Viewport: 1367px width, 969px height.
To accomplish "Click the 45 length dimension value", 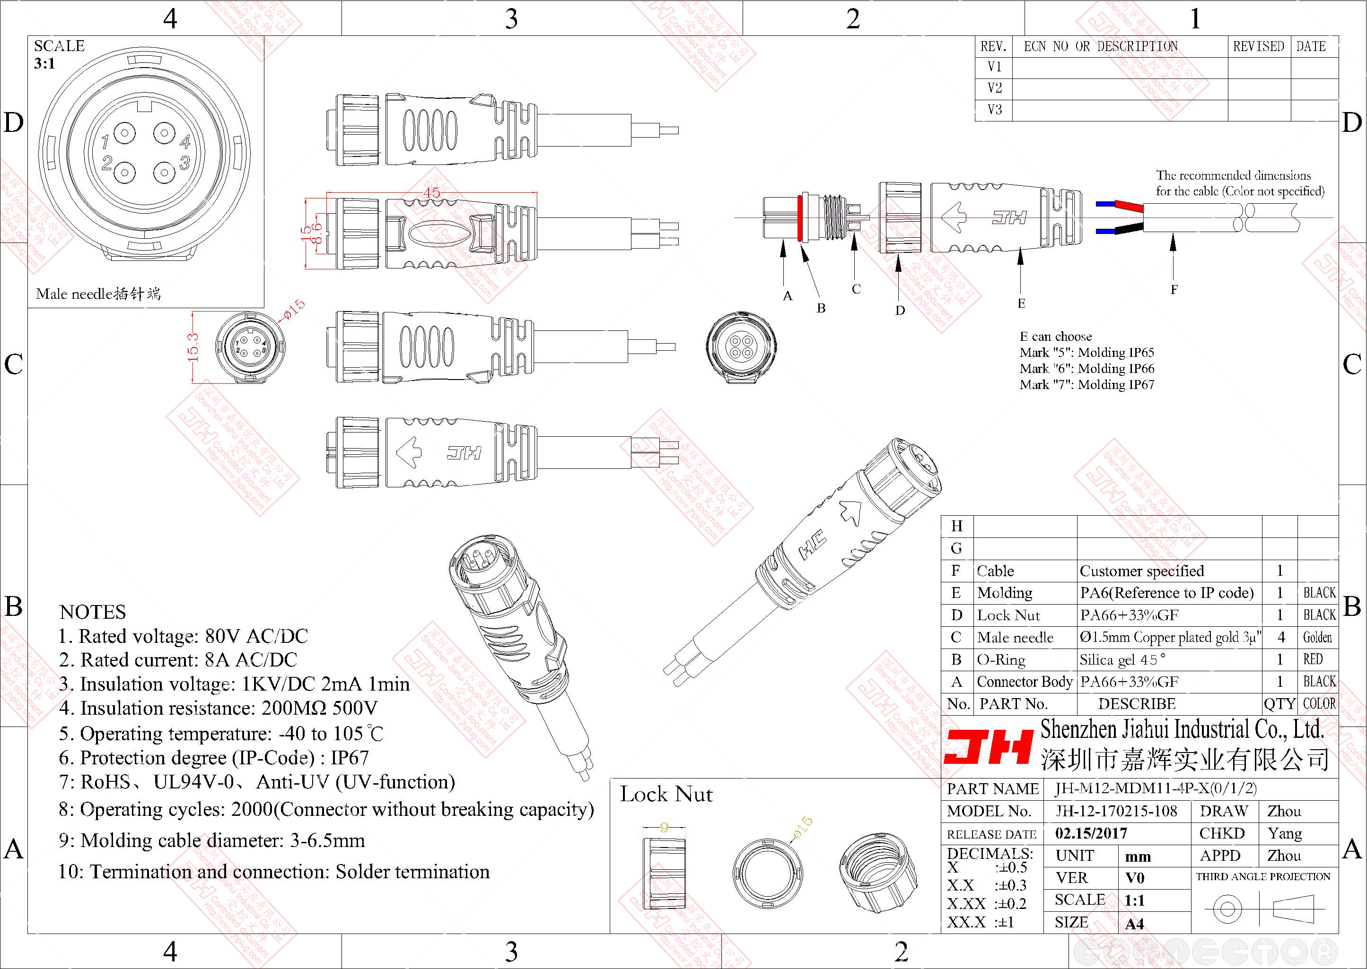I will [x=431, y=192].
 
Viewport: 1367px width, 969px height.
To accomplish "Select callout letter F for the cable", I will [x=1174, y=290].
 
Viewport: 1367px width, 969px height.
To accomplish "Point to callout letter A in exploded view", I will [x=788, y=296].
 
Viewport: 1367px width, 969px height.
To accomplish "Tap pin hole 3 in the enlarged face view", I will [x=164, y=173].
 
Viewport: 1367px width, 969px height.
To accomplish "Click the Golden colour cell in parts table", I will [x=1317, y=637].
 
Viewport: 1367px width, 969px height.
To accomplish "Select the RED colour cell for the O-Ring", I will [x=1313, y=659].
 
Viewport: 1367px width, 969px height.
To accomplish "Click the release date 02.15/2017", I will [x=1091, y=833].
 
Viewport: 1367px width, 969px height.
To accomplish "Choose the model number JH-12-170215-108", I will [x=1116, y=811].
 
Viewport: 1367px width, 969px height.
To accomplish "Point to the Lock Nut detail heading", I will [x=666, y=794].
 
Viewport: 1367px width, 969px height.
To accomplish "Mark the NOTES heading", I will [x=93, y=612].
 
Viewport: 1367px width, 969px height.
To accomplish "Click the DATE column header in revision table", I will [x=1311, y=46].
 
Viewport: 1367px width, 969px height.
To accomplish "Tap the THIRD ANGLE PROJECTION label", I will [x=1263, y=876].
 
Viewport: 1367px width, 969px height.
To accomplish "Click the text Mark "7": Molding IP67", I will [x=1087, y=385].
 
